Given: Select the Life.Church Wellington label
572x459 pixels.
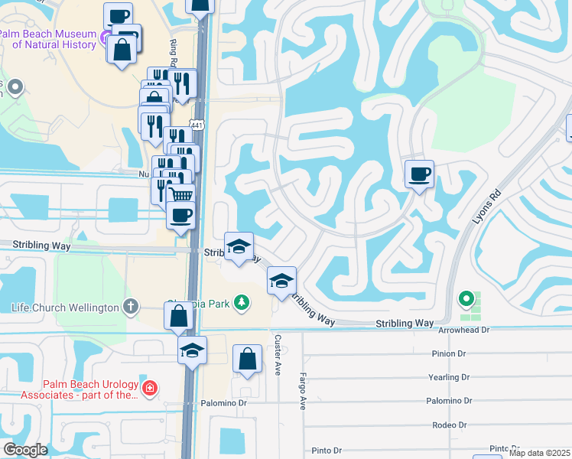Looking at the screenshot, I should pos(65,308).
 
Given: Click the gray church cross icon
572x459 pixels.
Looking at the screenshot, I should pos(131,307).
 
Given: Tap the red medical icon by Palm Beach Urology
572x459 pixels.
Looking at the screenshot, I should pos(150,388).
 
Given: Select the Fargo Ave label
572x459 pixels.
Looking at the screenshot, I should pos(302,391).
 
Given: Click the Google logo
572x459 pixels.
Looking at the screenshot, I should pos(26,450).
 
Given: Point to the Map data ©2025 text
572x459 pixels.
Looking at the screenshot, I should pos(541,453).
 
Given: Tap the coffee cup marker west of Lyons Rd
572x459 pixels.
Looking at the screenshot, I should pos(419,174).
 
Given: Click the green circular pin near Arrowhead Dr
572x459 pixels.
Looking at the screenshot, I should pos(465,298).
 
